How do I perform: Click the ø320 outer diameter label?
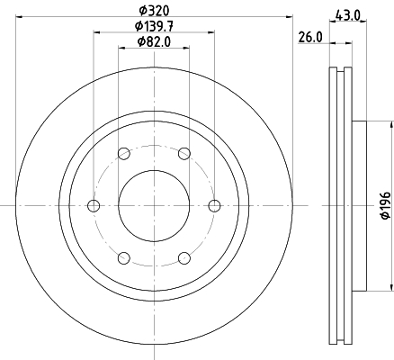pos(154,11)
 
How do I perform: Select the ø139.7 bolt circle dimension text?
pos(154,26)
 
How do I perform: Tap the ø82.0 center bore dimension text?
pos(154,41)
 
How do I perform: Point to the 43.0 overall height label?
pos(347,15)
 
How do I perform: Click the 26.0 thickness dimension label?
pos(310,38)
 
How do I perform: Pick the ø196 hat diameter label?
pos(386,205)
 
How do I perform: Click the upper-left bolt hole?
pos(124,154)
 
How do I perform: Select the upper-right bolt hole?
pos(184,154)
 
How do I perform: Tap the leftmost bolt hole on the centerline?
pos(94,206)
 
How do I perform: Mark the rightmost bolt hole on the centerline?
pos(214,206)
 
